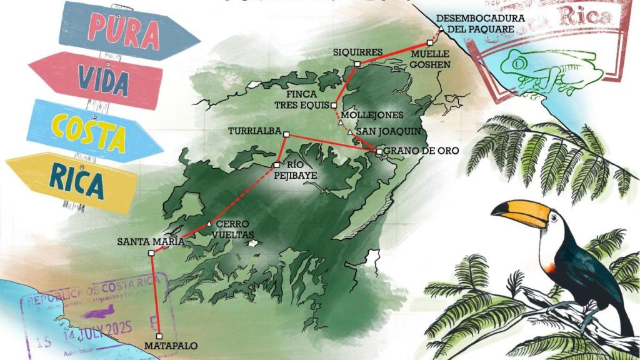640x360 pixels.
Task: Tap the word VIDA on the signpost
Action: (x=103, y=78)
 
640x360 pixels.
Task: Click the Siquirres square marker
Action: (x=357, y=64)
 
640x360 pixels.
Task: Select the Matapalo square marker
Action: (x=159, y=336)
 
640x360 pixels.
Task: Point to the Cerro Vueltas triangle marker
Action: (x=209, y=224)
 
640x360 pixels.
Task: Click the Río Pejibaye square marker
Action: (x=276, y=165)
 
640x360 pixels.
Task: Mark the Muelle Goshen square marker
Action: (x=429, y=42)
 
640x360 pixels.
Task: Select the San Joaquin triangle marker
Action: (x=350, y=132)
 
